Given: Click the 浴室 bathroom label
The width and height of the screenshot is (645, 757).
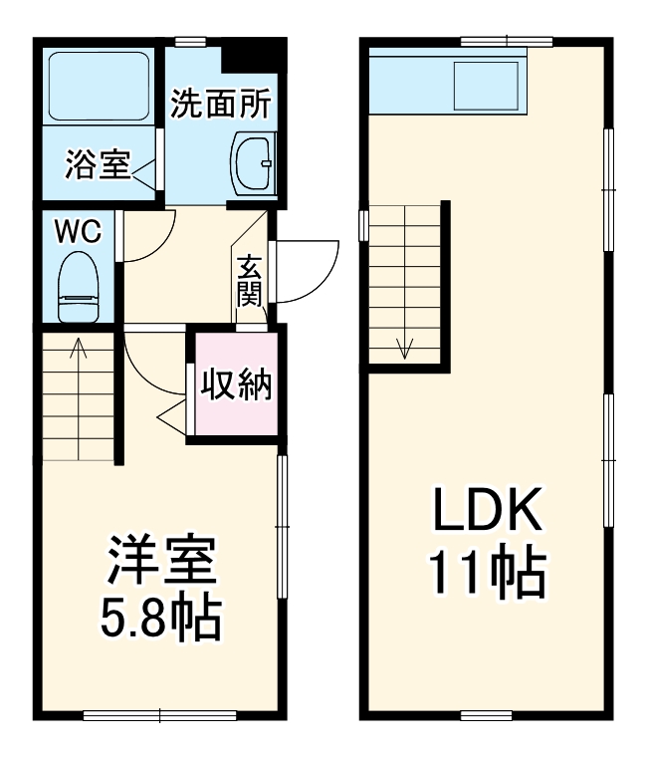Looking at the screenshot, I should pyautogui.click(x=98, y=165).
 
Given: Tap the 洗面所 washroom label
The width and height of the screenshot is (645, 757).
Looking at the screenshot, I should pyautogui.click(x=218, y=105).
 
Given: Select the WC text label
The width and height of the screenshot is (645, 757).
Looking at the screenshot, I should pyautogui.click(x=77, y=233).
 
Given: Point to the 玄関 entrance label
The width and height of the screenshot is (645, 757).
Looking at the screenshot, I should pyautogui.click(x=249, y=283).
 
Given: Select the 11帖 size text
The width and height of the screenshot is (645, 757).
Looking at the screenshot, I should pyautogui.click(x=486, y=574).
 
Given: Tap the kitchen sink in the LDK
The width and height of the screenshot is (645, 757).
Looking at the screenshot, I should pyautogui.click(x=487, y=86).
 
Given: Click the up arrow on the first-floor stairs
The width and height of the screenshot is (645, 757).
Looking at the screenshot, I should pyautogui.click(x=78, y=350).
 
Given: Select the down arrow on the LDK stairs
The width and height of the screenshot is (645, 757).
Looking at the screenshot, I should pyautogui.click(x=405, y=347).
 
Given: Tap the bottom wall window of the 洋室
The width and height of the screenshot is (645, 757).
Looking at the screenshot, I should pyautogui.click(x=159, y=714).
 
